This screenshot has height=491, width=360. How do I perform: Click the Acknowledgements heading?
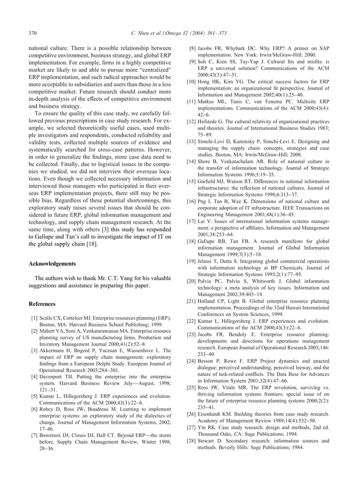coord(54,263)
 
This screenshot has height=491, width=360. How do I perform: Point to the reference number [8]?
coord(192,49)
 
